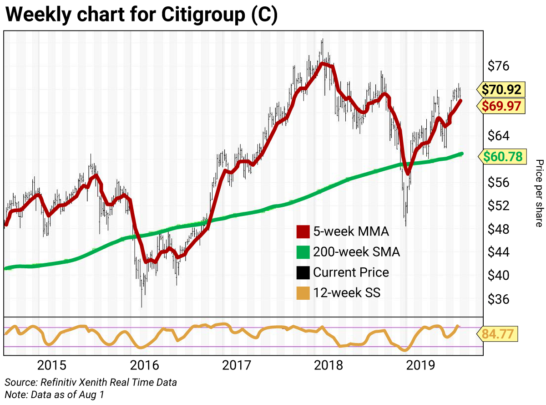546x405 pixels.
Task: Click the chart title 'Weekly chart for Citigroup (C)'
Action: pyautogui.click(x=141, y=15)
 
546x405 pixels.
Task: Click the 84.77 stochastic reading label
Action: pyautogui.click(x=498, y=334)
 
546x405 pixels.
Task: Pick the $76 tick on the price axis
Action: pyautogui.click(x=499, y=66)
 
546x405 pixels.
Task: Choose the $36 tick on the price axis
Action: pyautogui.click(x=499, y=299)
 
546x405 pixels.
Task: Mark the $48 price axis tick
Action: pyautogui.click(x=499, y=229)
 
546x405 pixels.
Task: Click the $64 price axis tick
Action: pyautogui.click(x=499, y=136)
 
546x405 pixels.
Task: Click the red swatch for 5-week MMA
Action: pyautogui.click(x=302, y=231)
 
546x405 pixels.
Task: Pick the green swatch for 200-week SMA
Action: pyautogui.click(x=302, y=252)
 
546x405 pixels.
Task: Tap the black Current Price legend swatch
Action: pyautogui.click(x=302, y=272)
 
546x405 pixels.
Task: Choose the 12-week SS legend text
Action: pyautogui.click(x=346, y=293)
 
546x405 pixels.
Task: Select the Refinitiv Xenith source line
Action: pyautogui.click(x=91, y=382)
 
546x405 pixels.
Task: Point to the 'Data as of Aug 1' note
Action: pyautogui.click(x=54, y=394)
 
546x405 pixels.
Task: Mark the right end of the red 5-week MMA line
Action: pyautogui.click(x=460, y=100)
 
